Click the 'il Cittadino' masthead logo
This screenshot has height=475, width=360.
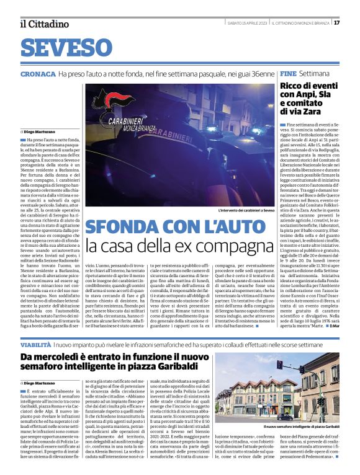click(x=44, y=24)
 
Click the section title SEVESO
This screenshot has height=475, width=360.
click(x=61, y=48)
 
